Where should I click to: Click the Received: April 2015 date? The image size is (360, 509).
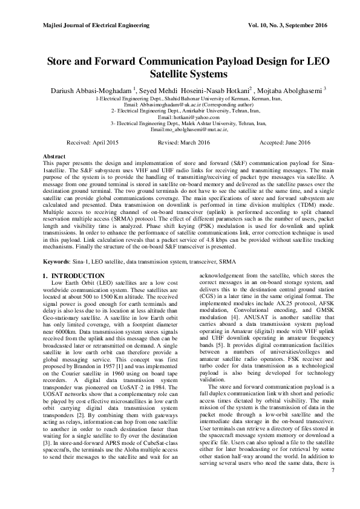pyautogui.click(x=93, y=142)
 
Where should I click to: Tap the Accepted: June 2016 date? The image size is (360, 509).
pyautogui.click(x=284, y=142)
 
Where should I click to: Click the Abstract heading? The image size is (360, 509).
pyautogui.click(x=54, y=157)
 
